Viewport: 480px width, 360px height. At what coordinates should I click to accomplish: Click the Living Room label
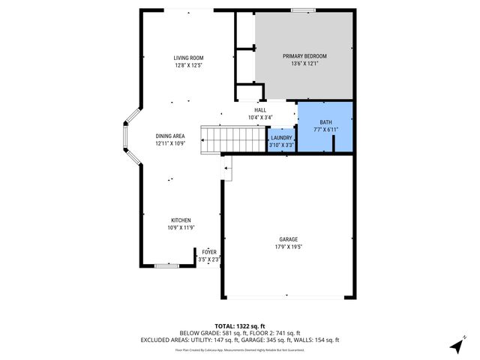(188, 58)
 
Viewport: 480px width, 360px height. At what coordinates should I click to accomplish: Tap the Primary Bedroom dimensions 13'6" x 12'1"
(304, 64)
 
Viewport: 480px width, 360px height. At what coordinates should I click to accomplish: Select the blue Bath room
(325, 126)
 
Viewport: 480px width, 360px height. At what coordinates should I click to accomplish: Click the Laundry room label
(281, 137)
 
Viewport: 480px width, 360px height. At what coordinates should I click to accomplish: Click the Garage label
(288, 239)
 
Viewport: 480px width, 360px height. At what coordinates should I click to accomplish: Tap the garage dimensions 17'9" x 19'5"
(288, 247)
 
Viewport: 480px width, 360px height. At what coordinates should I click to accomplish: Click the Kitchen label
(180, 220)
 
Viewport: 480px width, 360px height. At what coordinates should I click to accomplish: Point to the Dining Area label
(170, 136)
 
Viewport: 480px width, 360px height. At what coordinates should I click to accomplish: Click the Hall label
(260, 110)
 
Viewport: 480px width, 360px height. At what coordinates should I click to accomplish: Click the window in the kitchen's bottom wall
(166, 265)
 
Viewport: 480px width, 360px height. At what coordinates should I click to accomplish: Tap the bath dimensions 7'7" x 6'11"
(325, 130)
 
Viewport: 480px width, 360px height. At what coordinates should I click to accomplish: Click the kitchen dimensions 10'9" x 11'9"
(180, 227)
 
